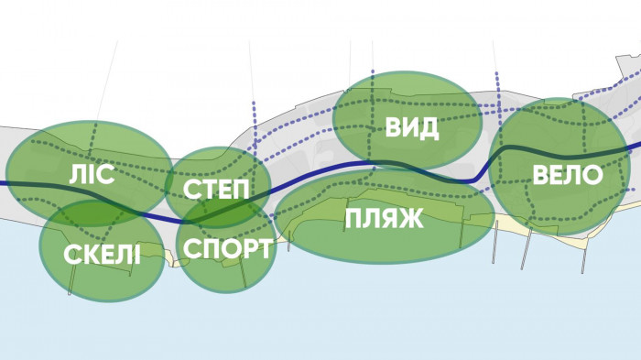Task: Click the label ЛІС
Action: [x=92, y=174]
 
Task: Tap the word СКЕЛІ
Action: [x=103, y=255]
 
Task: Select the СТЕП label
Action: [x=215, y=191]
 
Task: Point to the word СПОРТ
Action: [x=227, y=249]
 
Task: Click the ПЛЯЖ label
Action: [x=385, y=219]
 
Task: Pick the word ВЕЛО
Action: [x=568, y=175]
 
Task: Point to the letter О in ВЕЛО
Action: [x=592, y=175]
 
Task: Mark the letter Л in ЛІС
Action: [x=78, y=174]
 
